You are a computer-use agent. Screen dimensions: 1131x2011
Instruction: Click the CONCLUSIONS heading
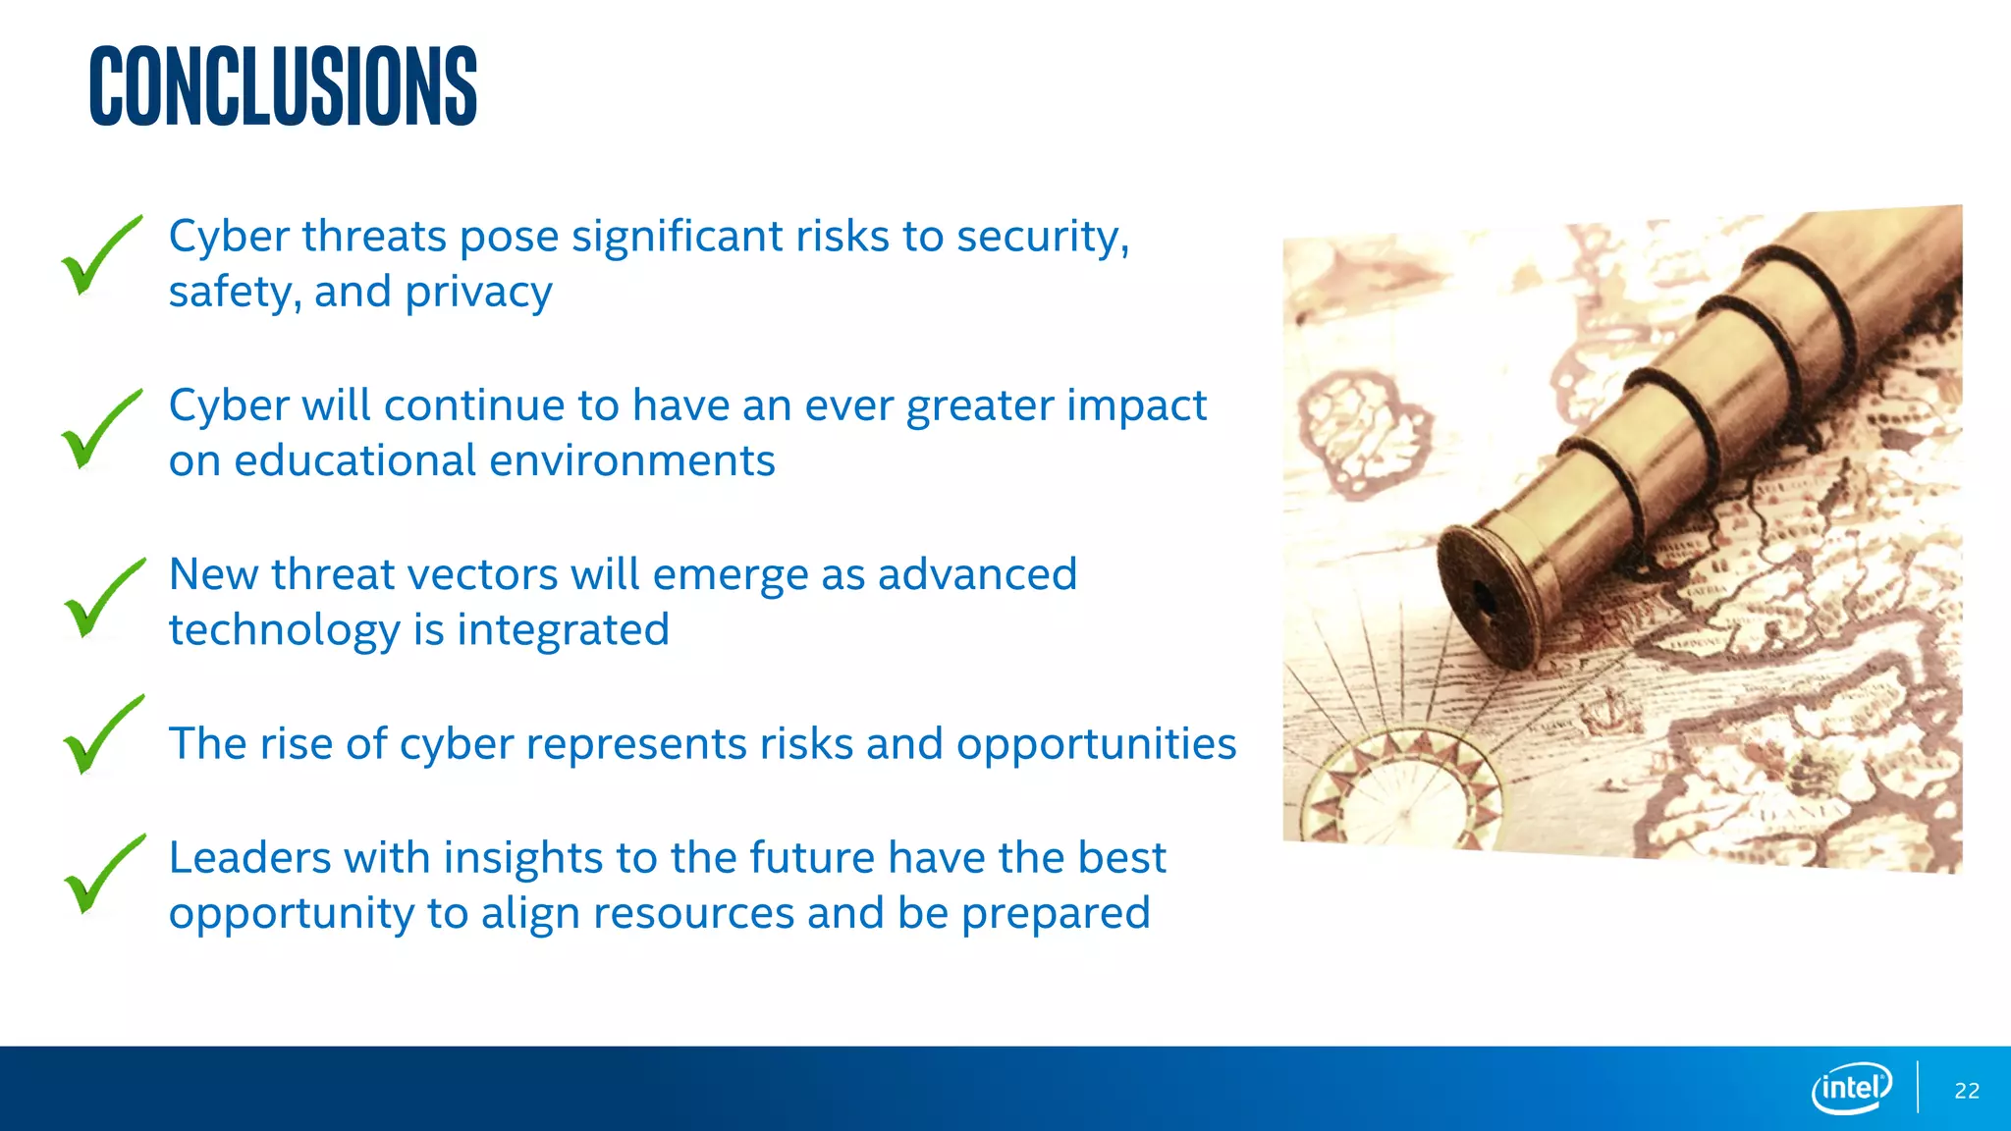pos(283,86)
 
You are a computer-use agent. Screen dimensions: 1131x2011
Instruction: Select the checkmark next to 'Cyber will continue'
pos(98,430)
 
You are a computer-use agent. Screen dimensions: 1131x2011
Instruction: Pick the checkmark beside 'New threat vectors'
pos(100,599)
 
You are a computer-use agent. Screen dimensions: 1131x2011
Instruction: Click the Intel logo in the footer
pos(1852,1088)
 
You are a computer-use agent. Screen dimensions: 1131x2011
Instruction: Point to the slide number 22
pos(1967,1091)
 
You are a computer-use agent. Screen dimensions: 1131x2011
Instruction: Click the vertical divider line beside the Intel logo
pos(1918,1087)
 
